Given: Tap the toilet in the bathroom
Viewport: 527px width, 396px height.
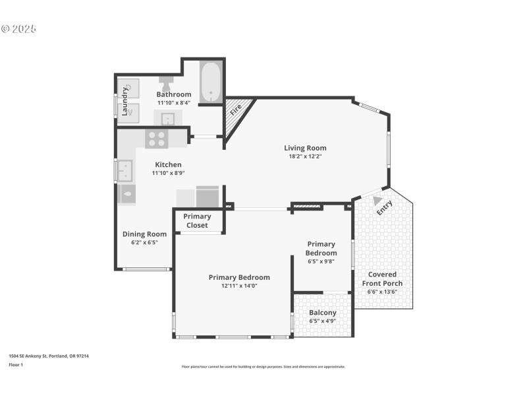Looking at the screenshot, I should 165,84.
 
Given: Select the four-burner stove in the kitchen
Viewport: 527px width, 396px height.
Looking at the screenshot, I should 157,138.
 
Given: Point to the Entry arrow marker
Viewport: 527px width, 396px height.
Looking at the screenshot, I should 377,201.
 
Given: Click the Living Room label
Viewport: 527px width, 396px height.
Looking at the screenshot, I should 305,148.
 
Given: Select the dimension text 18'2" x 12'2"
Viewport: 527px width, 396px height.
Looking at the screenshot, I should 305,156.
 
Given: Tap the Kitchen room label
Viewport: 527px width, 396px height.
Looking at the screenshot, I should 168,164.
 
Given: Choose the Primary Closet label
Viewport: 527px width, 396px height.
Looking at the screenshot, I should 197,220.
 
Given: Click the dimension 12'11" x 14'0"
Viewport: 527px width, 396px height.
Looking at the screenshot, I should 239,286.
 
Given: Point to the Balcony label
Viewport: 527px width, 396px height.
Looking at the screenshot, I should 323,312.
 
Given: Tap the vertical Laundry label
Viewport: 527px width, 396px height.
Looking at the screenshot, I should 125,101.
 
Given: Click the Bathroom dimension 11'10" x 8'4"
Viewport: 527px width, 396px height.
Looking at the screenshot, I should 173,102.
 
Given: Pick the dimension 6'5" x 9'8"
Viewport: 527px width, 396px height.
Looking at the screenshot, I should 321,261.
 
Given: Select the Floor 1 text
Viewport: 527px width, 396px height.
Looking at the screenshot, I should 16,364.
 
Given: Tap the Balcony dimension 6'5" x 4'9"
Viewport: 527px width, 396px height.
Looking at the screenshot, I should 323,321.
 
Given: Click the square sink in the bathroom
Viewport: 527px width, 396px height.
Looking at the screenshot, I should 168,119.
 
